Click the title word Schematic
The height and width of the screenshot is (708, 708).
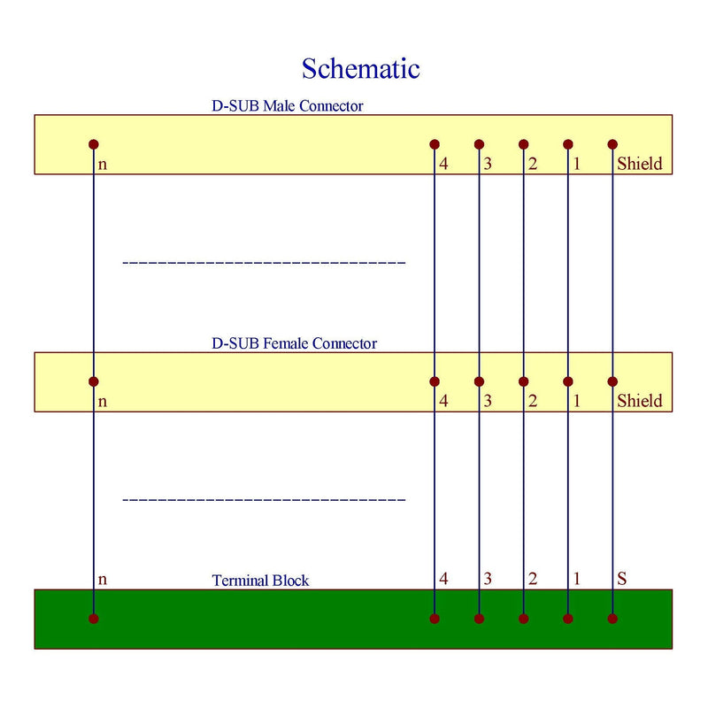[360, 68]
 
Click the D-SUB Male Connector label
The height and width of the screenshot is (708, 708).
[287, 106]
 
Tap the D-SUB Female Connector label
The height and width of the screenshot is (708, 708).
[294, 343]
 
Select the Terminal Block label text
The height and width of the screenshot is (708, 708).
[260, 581]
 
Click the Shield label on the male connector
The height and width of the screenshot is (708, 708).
[640, 164]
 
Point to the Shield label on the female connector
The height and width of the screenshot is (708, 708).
[640, 401]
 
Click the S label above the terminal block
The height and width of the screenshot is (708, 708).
[621, 580]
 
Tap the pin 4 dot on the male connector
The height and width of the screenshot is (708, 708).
[435, 144]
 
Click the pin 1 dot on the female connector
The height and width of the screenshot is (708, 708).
[568, 381]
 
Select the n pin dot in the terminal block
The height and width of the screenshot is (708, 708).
[94, 619]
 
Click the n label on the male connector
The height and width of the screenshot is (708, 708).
[103, 165]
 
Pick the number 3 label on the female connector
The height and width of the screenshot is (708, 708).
[488, 401]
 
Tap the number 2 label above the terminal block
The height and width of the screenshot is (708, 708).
[532, 580]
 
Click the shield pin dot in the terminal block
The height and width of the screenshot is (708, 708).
[612, 619]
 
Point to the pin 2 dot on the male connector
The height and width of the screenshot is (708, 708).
[524, 144]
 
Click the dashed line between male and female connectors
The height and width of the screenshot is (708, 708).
[264, 263]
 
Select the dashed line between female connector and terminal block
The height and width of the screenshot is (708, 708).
[264, 500]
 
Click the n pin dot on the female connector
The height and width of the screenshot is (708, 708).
[94, 381]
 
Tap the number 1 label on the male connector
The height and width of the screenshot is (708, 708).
[576, 164]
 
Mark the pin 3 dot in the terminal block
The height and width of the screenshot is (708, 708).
[479, 619]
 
